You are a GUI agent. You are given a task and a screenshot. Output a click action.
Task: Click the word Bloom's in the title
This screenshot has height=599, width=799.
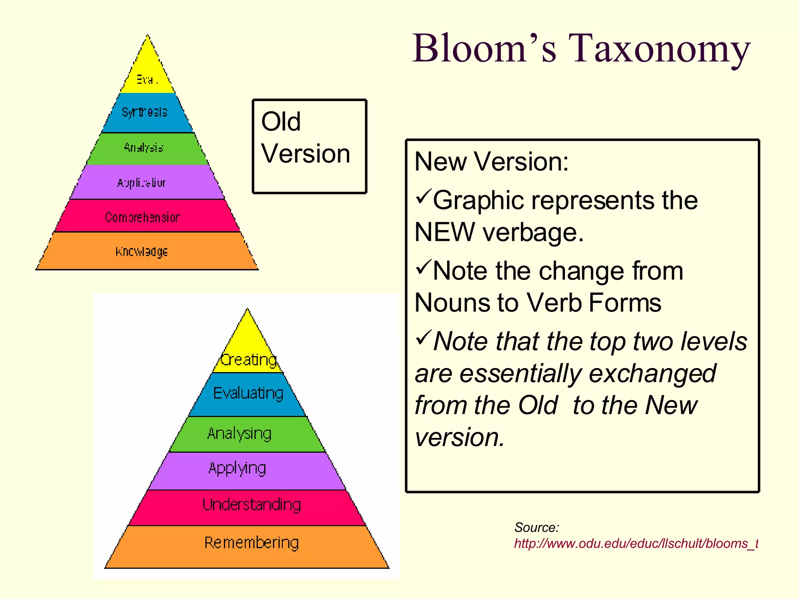click(x=484, y=49)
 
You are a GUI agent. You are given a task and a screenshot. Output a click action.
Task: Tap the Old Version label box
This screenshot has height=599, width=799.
click(x=309, y=146)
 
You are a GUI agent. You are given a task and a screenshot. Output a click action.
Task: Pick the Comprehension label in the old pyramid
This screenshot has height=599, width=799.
click(x=142, y=217)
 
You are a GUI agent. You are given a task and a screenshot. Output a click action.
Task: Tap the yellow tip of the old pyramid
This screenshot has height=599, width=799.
click(x=147, y=74)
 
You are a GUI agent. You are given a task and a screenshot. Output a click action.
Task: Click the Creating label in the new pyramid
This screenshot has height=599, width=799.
click(x=249, y=360)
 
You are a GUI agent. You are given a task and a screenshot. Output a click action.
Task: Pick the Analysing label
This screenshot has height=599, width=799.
click(x=239, y=434)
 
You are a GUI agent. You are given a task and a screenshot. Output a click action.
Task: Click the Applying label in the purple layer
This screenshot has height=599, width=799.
click(x=237, y=468)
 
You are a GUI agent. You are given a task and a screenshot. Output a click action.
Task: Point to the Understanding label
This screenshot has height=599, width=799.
click(x=252, y=505)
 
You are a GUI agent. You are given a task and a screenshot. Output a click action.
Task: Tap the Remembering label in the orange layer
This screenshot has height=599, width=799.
click(x=252, y=542)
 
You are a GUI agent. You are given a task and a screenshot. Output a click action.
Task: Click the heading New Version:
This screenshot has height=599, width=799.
click(x=491, y=161)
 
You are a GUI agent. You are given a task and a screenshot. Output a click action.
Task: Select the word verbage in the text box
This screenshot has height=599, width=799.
click(x=533, y=232)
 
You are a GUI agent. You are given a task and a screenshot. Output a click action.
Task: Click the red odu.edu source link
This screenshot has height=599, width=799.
click(x=636, y=543)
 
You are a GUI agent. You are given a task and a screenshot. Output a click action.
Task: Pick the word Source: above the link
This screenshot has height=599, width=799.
click(x=536, y=527)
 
